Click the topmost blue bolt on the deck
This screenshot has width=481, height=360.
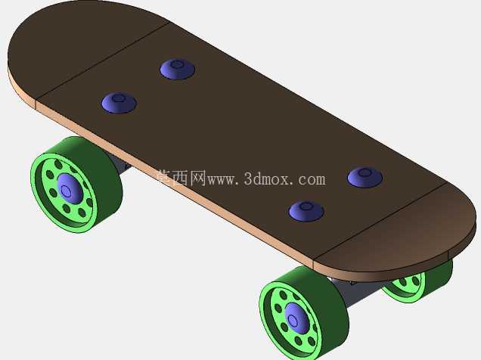click(x=177, y=69)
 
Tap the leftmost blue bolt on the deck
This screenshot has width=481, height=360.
click(x=119, y=103)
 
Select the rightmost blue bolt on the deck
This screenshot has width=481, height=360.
click(x=365, y=177)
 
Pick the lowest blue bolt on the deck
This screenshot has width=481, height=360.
click(x=306, y=211)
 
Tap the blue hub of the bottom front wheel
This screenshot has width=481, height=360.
click(x=296, y=318)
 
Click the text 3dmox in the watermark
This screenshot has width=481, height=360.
click(x=266, y=179)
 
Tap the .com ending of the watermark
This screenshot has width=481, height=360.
click(x=309, y=180)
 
